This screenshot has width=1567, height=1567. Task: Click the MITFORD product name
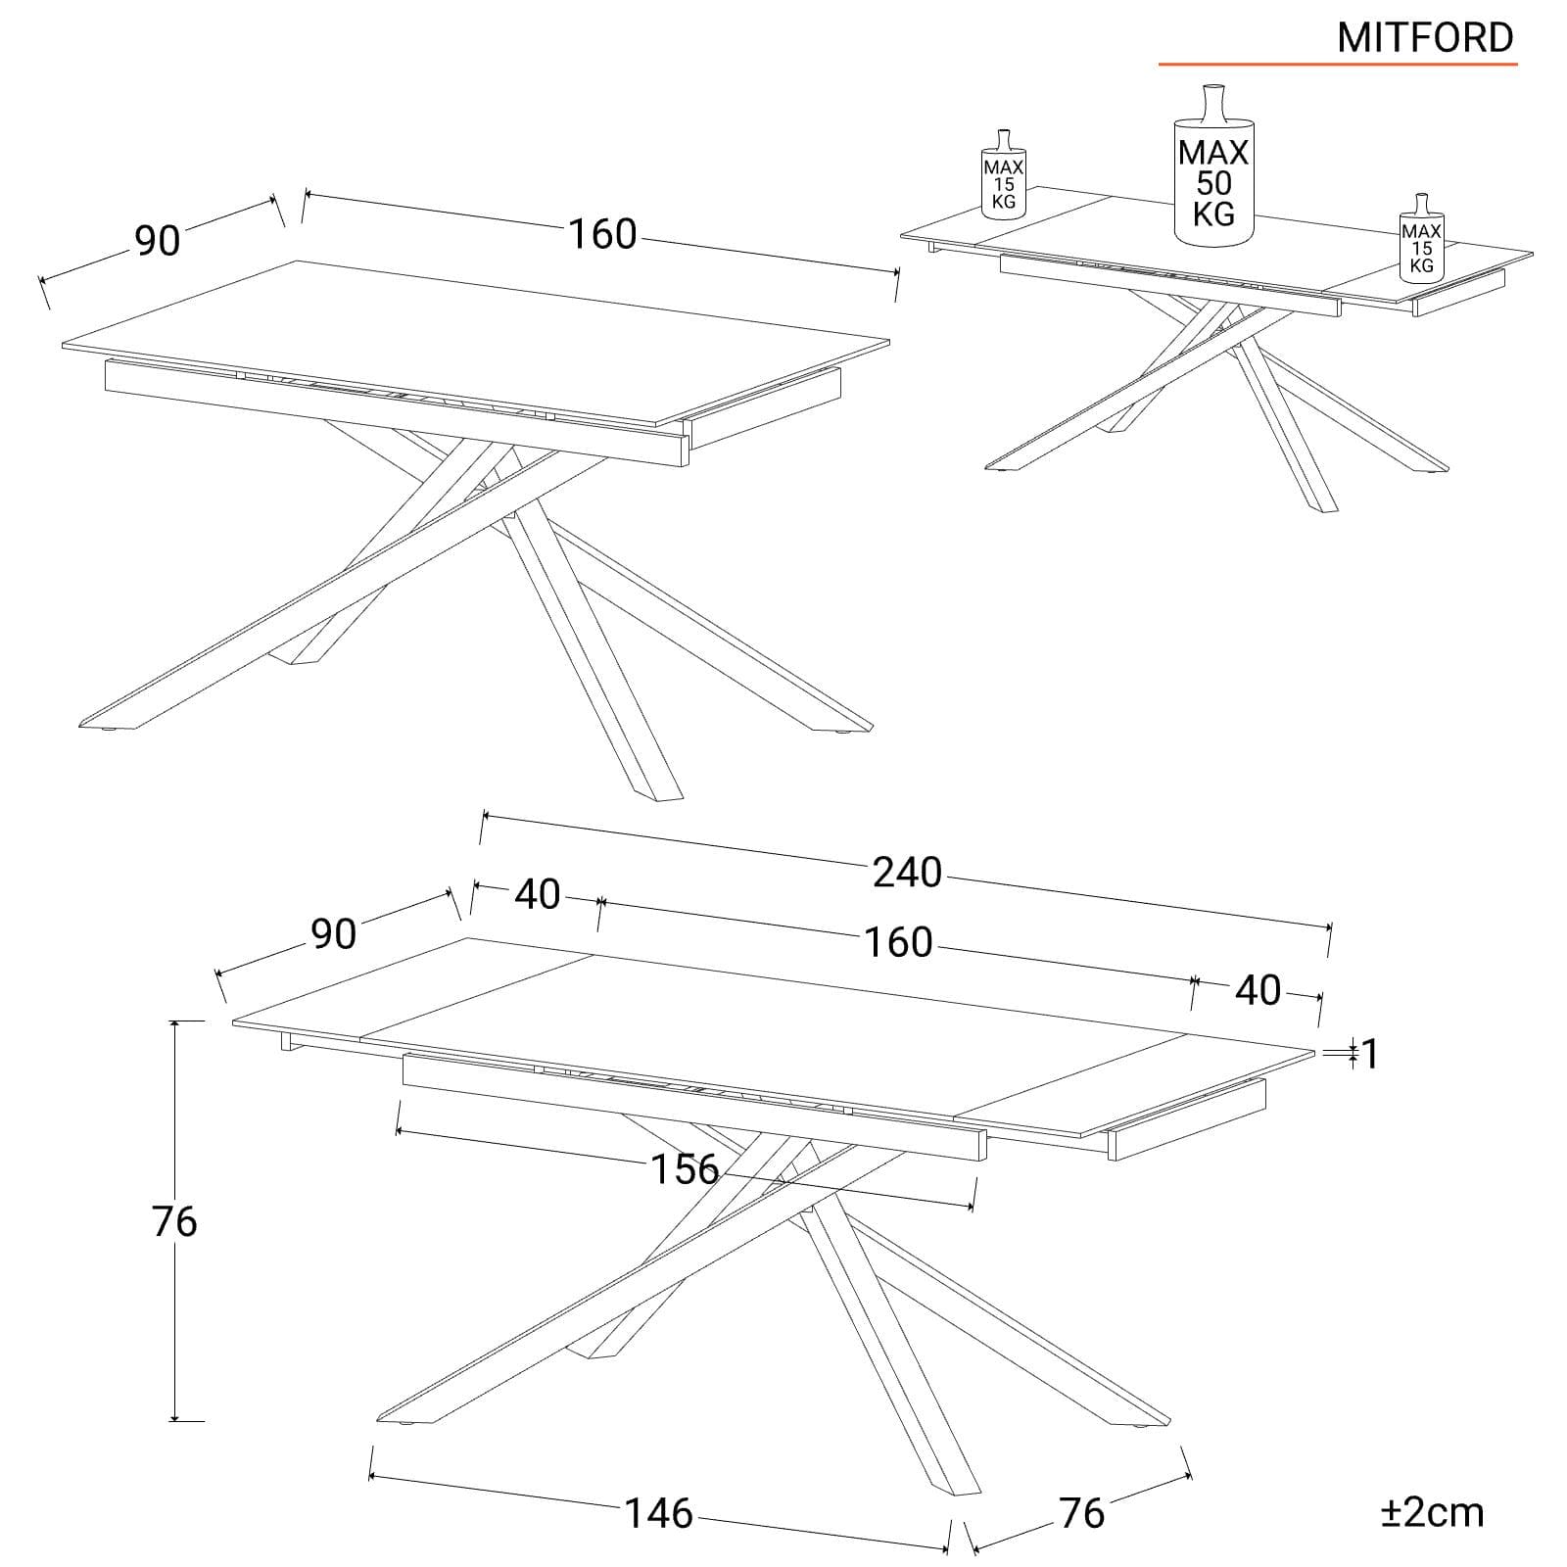click(1425, 37)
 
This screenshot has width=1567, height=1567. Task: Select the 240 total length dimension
click(907, 872)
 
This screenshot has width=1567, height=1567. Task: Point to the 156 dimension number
click(685, 1168)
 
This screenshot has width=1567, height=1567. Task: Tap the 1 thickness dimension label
click(1370, 1054)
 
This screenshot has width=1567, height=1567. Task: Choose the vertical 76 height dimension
click(174, 1221)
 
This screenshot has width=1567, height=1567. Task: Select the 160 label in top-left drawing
click(602, 234)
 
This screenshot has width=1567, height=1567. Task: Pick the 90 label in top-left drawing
click(158, 240)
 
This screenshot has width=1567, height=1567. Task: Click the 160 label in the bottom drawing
click(898, 942)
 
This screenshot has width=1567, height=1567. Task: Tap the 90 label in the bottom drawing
click(334, 934)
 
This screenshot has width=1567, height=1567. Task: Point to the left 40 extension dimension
click(538, 894)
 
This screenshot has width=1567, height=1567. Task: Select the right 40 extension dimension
click(1258, 990)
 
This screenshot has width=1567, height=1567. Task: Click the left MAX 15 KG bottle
click(1004, 173)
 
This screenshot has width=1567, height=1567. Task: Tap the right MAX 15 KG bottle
click(1421, 238)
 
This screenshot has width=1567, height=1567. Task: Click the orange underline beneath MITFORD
click(1338, 65)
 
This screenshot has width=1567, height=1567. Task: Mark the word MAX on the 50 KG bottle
click(1213, 152)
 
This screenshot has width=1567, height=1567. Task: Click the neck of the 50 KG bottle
click(1213, 104)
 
